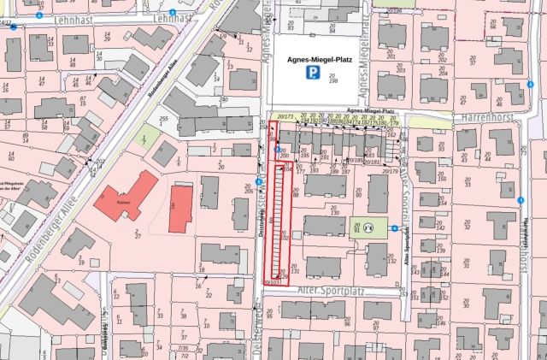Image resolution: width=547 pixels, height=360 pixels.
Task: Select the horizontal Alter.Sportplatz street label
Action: coord(330,291)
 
